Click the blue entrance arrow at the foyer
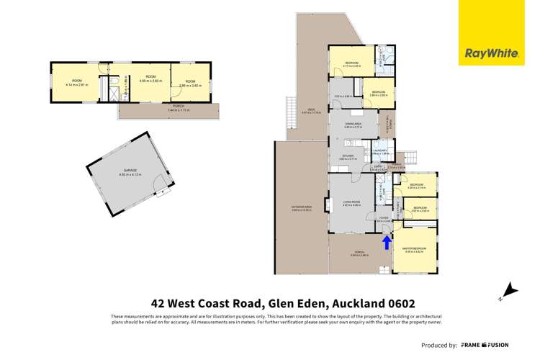[x=387, y=243]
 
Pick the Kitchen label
[x=350, y=155]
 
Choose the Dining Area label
[x=352, y=125]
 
